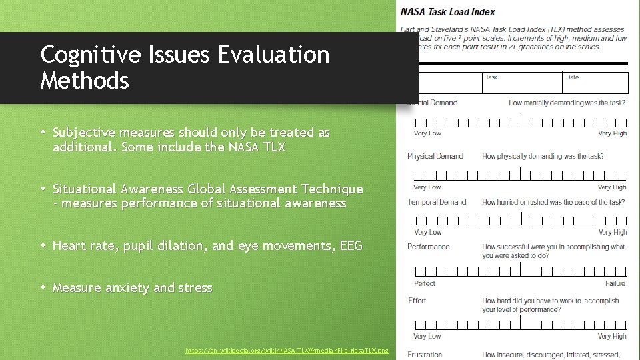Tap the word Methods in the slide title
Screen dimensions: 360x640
click(85, 81)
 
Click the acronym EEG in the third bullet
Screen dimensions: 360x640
click(351, 246)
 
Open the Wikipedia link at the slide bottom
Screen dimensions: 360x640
click(287, 350)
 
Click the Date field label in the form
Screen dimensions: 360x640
click(572, 77)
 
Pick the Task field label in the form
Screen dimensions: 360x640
click(491, 77)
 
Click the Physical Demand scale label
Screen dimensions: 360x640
click(435, 156)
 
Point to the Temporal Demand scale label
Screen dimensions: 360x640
click(437, 202)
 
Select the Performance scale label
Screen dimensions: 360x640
click(429, 247)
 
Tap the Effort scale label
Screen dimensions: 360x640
click(417, 301)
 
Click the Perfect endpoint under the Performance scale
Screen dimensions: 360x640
click(425, 283)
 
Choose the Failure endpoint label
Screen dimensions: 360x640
click(615, 283)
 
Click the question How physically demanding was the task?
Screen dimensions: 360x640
click(543, 156)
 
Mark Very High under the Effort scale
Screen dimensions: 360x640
click(612, 337)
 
